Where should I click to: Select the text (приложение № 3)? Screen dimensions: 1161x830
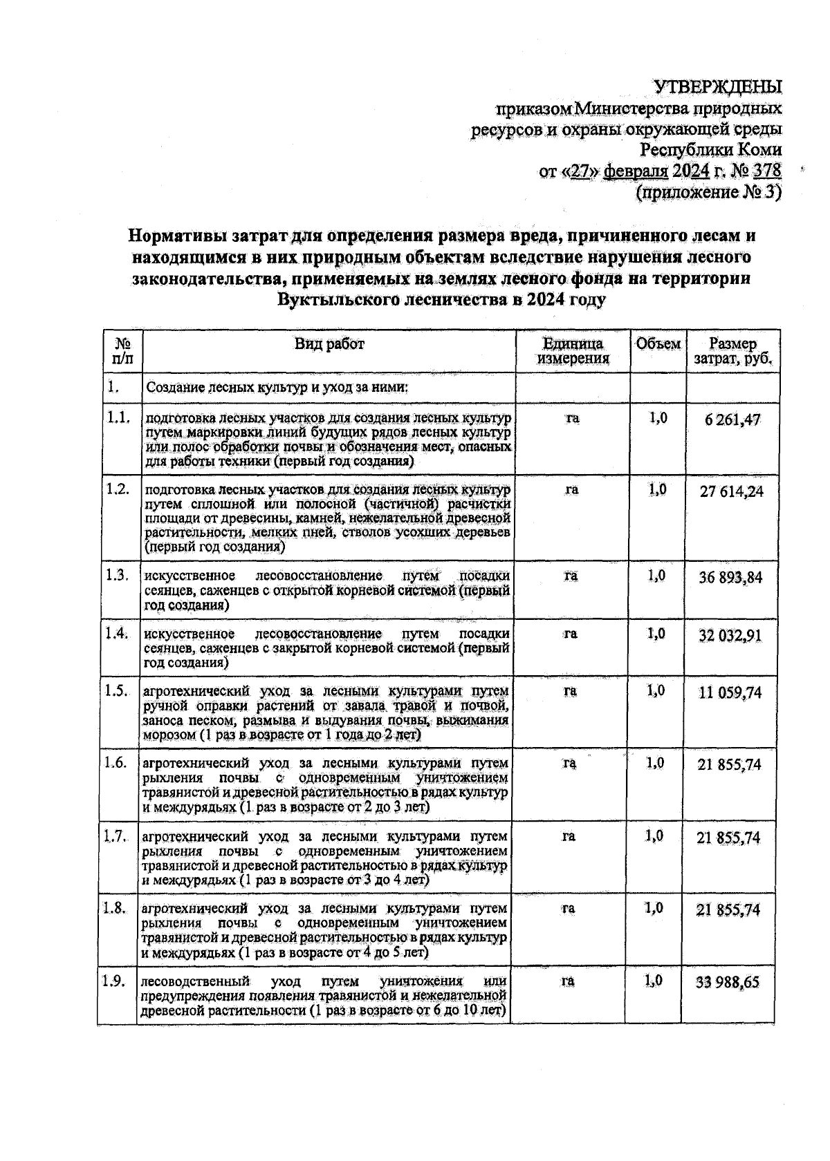(708, 192)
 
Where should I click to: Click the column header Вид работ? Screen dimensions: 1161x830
(329, 344)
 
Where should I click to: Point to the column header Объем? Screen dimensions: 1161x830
(658, 344)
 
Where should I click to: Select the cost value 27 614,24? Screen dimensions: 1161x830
(732, 492)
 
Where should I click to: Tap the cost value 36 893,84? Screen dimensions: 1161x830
(730, 578)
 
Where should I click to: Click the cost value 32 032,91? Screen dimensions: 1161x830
(730, 636)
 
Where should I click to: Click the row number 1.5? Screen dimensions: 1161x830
(116, 690)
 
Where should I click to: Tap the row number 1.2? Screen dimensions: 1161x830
(118, 489)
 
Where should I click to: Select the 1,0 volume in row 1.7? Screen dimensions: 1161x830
(654, 836)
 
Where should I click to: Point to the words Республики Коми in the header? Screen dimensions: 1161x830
(712, 150)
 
